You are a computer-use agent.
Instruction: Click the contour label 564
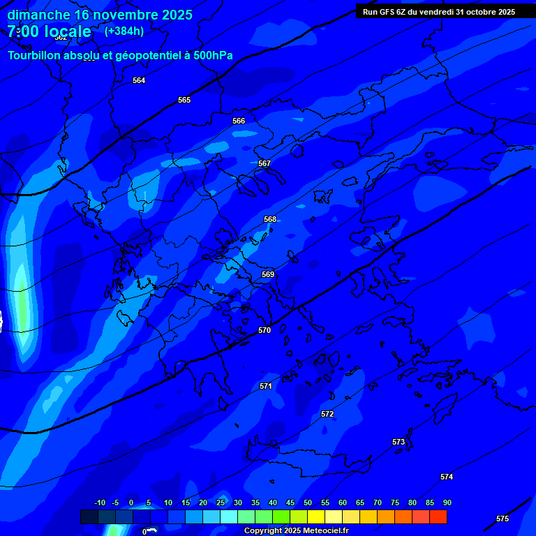139,80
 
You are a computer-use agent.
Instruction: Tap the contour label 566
239,121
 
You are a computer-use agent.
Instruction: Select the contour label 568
270,219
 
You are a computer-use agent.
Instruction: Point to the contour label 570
264,330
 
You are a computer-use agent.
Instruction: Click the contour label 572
327,414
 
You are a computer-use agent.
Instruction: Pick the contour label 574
447,477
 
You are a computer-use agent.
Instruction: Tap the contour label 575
502,519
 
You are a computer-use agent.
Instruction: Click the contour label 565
184,100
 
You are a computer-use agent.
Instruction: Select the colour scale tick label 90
447,502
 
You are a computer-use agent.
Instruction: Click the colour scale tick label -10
99,502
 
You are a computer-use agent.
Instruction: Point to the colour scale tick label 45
290,502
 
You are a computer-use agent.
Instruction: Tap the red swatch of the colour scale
438,516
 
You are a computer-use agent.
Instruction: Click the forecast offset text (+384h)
124,31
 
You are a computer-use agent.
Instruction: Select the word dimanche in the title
39,15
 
